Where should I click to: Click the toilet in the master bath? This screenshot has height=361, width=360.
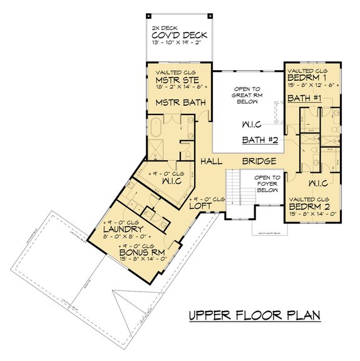[x=186, y=150]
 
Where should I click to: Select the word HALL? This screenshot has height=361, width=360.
[x=212, y=161]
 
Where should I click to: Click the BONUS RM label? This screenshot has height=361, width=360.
[x=141, y=253]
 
